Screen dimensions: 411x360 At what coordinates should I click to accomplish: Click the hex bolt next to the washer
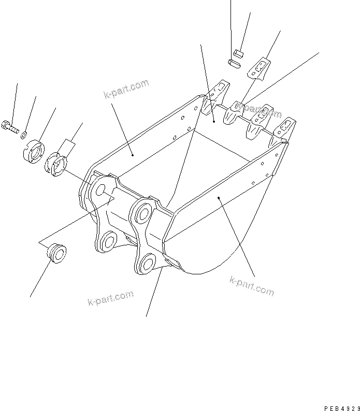pos(9,126)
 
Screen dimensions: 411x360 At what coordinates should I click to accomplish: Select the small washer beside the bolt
pos(23,136)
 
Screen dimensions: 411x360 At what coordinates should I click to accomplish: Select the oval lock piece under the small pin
pos(234,63)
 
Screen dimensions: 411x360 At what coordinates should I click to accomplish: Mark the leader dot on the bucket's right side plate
pos(220,197)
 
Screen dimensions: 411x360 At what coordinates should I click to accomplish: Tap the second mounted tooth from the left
pos(234,111)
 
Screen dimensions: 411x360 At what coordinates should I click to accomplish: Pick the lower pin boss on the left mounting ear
pos(110,241)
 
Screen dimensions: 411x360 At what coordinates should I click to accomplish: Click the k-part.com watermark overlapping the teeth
pos(257,110)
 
